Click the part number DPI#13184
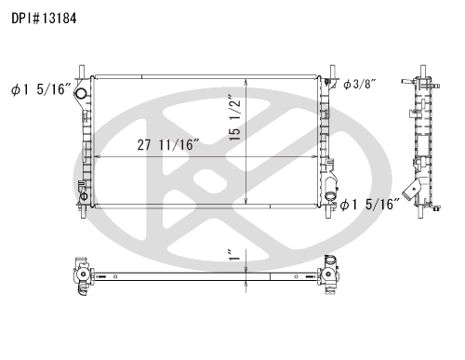click(x=44, y=19)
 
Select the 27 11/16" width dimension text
click(x=168, y=145)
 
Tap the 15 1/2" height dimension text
click(x=234, y=117)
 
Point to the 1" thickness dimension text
click(x=234, y=255)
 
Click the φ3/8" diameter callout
click(x=360, y=84)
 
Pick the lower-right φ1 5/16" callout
click(x=370, y=205)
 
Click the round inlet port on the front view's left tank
click(x=81, y=93)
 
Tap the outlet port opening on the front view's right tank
click(x=330, y=196)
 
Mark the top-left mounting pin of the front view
click(x=82, y=72)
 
